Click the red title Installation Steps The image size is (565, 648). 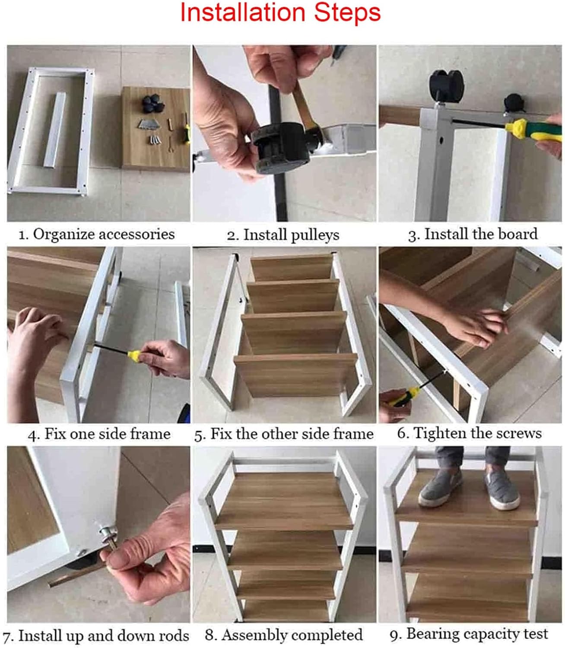280,13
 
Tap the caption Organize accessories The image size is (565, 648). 97,235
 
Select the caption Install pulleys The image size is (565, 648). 283,235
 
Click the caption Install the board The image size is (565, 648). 473,235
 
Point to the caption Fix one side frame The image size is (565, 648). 99,434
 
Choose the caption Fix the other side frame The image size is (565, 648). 284,434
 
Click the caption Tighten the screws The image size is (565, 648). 470,433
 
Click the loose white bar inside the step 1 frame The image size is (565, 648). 55,130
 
